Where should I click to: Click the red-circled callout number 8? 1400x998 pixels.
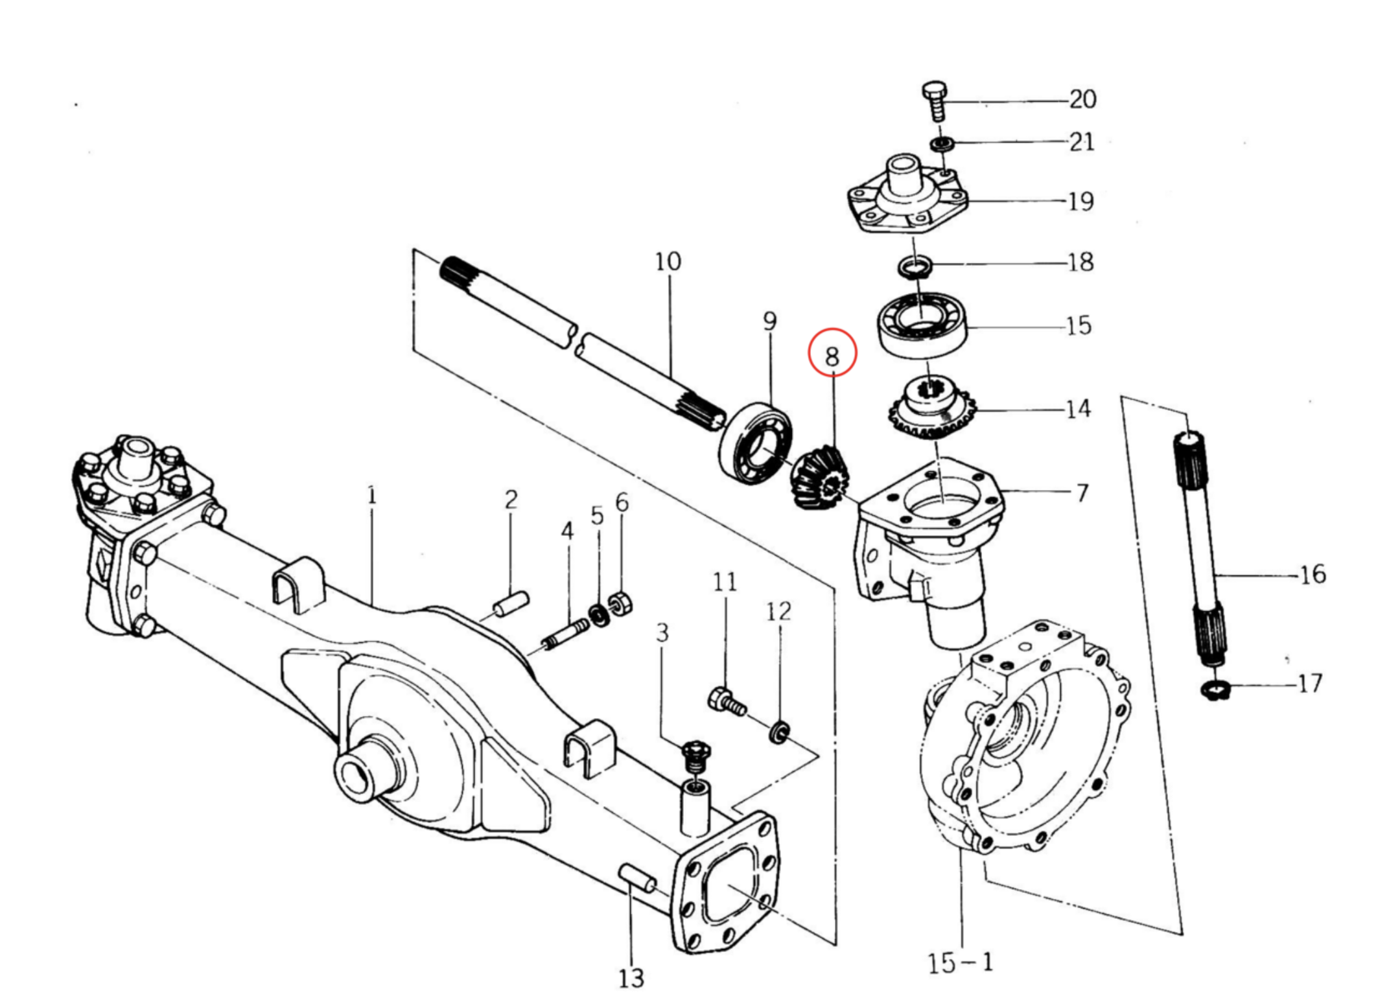pos(832,356)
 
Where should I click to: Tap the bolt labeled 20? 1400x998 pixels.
pos(934,100)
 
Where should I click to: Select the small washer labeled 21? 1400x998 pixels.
pos(942,143)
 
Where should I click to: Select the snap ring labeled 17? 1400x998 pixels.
pos(1215,690)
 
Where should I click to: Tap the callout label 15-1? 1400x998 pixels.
pos(960,963)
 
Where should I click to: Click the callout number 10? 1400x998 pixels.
pos(668,262)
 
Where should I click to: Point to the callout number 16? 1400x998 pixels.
pos(1312,575)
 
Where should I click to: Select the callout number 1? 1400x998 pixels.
pos(371,496)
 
